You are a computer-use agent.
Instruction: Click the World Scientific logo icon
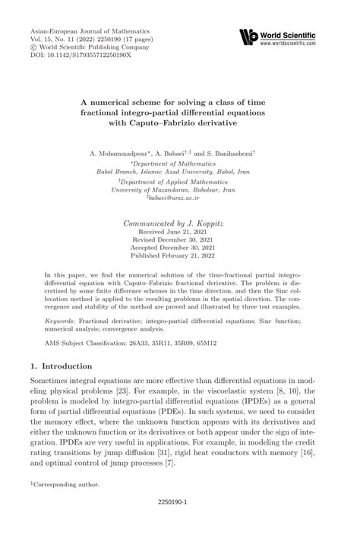tap(248, 36)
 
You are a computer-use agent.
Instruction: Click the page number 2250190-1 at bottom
tap(180, 523)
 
